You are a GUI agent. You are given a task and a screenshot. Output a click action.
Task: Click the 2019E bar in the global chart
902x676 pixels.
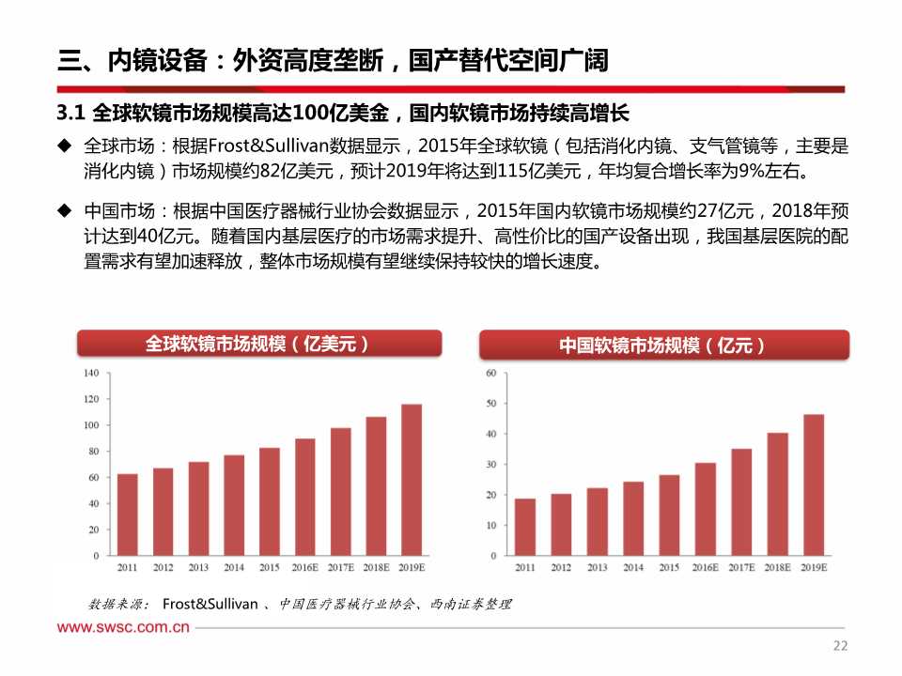click(x=412, y=480)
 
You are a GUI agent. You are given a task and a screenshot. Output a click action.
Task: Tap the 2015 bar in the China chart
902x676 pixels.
click(x=669, y=515)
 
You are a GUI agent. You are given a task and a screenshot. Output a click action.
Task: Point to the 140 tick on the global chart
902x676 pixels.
click(x=90, y=373)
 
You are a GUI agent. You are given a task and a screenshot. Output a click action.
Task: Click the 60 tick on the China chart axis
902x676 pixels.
click(x=490, y=373)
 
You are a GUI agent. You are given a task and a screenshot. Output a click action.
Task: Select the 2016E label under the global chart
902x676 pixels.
click(x=304, y=568)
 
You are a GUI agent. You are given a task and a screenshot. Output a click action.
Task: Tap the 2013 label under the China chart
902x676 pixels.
click(x=597, y=568)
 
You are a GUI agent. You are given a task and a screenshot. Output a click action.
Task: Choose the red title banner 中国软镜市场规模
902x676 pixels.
click(x=664, y=346)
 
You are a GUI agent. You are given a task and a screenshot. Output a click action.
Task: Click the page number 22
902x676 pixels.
click(x=840, y=646)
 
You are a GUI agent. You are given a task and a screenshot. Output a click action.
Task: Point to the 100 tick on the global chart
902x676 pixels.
click(x=90, y=425)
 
